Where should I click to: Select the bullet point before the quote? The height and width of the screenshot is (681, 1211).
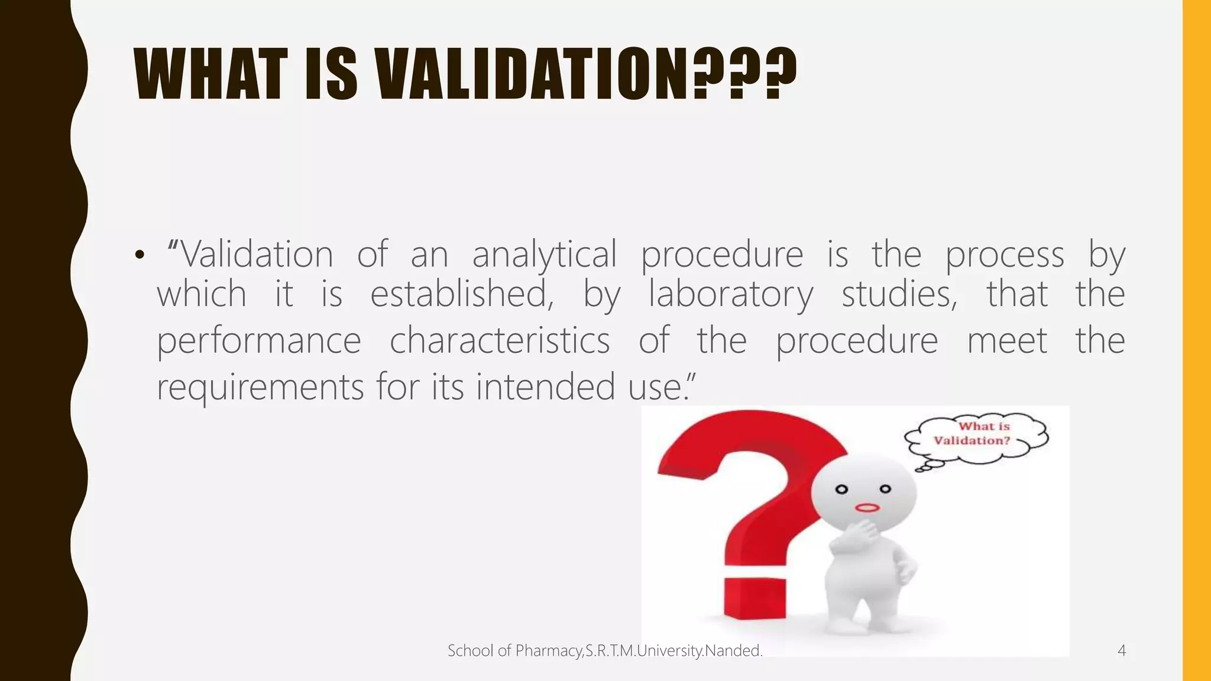coord(140,255)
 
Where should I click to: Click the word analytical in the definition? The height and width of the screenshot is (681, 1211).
coord(544,255)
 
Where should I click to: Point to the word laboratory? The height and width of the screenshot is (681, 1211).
coord(731,294)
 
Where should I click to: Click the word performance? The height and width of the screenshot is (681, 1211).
coord(258,342)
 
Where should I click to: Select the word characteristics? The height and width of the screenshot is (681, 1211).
coord(500,340)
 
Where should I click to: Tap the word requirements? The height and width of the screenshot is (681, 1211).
coord(260,388)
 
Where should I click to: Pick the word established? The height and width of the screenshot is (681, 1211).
coord(462,294)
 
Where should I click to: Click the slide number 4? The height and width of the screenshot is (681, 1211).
coord(1121,651)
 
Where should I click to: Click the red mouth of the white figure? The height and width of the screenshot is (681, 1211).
coord(867,508)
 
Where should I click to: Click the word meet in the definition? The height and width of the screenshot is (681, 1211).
coord(1007,340)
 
